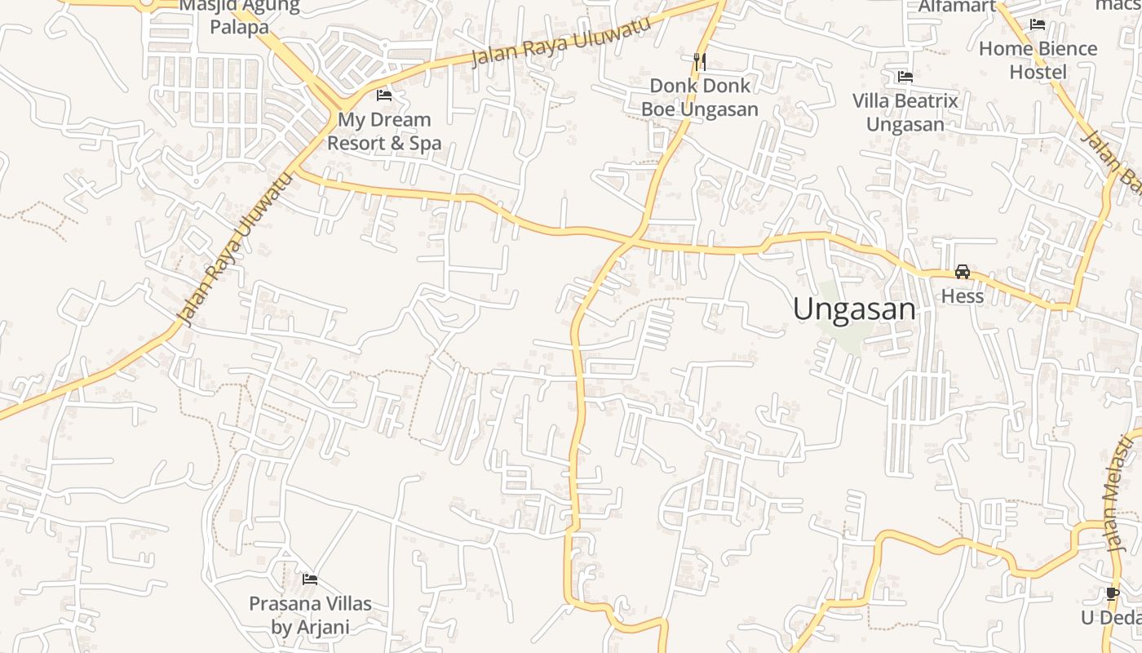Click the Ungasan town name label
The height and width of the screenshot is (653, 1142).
854,309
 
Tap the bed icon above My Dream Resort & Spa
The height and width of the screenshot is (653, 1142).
384,96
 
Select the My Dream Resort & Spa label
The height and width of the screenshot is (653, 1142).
384,131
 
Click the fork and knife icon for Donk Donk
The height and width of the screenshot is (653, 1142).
699,61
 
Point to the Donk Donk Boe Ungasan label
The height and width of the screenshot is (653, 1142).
699,97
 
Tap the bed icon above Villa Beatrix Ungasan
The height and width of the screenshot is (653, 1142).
905,77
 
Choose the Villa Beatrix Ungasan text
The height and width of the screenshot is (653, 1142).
905,113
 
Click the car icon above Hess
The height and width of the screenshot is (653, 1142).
963,272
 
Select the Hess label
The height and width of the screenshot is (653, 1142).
963,295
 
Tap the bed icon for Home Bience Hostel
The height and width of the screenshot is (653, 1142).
1038,24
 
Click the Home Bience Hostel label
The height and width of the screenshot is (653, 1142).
1038,60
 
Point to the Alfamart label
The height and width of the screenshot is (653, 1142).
957,7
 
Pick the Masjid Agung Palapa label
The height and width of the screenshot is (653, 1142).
239,16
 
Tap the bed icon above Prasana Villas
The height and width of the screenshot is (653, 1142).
310,580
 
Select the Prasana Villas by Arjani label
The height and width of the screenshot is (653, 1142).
310,615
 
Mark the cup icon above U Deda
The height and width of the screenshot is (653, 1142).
1112,593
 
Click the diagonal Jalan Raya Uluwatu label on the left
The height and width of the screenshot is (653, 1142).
234,250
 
